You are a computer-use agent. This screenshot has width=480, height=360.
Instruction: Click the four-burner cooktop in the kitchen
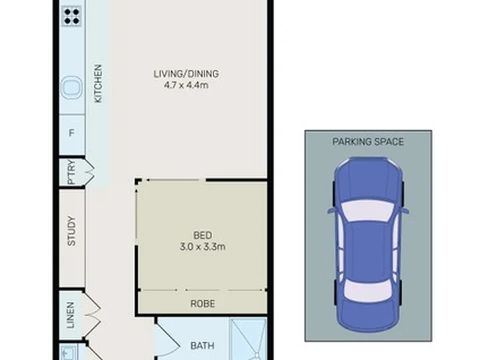click(71, 16)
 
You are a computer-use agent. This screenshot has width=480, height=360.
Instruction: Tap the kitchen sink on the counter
click(71, 87)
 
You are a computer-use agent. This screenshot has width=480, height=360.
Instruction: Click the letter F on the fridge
click(71, 133)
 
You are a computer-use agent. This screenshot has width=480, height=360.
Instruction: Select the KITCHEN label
click(97, 83)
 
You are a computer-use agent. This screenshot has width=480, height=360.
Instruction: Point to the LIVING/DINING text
click(186, 74)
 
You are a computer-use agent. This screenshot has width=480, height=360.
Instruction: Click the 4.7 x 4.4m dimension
click(186, 85)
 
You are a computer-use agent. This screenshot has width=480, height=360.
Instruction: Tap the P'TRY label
click(71, 172)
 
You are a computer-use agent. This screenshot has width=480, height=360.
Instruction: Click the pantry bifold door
click(89, 172)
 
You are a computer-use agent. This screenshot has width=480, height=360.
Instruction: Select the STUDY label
click(71, 231)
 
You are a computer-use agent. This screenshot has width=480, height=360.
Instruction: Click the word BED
click(203, 235)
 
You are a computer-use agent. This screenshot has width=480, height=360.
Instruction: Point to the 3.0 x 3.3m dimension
click(203, 247)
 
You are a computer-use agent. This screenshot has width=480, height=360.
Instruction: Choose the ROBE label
click(203, 304)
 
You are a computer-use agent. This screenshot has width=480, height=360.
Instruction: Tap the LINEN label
click(71, 315)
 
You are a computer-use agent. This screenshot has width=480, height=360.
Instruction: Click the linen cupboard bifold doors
click(92, 315)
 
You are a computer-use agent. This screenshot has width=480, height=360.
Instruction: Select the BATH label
click(203, 346)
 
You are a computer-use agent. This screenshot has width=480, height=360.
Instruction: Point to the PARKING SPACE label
click(368, 142)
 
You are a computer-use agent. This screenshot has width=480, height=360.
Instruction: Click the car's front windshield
click(367, 210)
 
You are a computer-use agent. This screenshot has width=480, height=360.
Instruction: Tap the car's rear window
click(367, 290)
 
